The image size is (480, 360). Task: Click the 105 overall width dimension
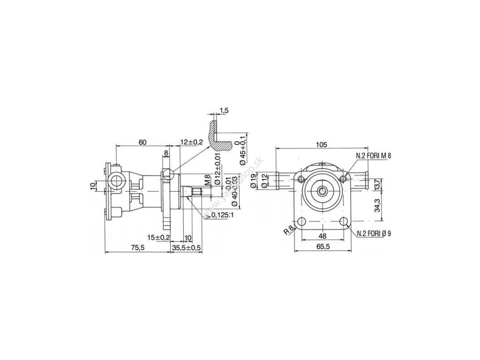321,144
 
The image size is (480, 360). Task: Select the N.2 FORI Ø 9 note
374,233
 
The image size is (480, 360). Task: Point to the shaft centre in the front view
322,191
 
